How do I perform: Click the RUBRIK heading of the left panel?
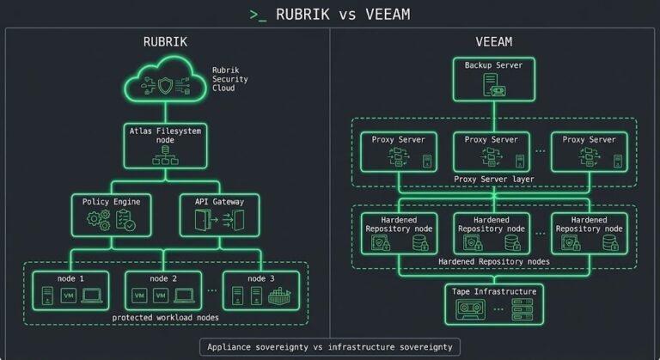point(166,41)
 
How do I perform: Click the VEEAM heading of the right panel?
point(494,41)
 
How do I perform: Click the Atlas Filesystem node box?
point(165,144)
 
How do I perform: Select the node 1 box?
point(70,290)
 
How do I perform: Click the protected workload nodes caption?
point(164,317)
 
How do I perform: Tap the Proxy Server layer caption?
point(495,179)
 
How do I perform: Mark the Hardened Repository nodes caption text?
point(494,260)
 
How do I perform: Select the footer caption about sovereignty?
point(330,347)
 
